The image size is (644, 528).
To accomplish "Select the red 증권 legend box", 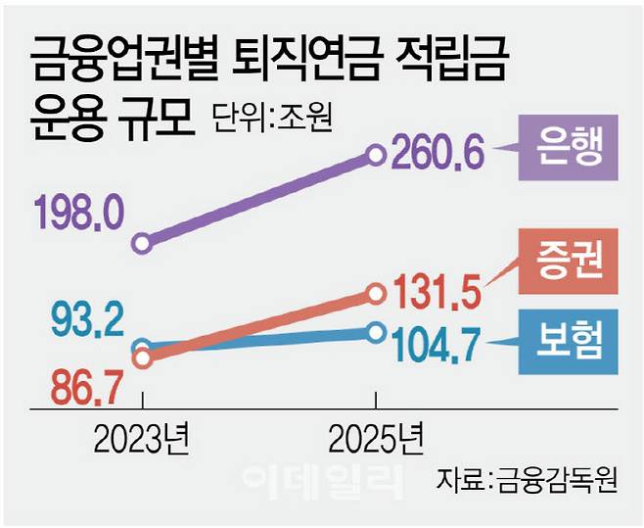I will coord(568,260).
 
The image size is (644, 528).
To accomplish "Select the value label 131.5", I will coord(442,291).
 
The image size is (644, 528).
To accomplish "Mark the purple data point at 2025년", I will coord(377,153).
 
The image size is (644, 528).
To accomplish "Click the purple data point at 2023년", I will coord(143,242).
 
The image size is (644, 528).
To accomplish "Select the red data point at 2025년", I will coord(377,292).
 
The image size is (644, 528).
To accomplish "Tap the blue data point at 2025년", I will coord(377,333).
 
